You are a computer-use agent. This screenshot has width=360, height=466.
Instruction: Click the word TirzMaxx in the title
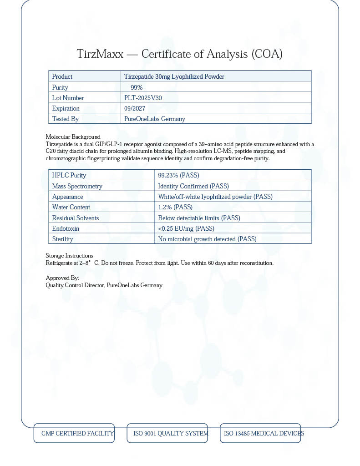click(x=100, y=54)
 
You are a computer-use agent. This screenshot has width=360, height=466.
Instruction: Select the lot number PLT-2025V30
click(x=143, y=98)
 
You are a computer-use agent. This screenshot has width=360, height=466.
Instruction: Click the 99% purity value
click(x=137, y=87)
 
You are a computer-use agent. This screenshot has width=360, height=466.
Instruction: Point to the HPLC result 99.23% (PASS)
click(x=178, y=175)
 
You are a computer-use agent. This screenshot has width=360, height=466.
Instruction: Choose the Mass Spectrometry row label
click(x=77, y=186)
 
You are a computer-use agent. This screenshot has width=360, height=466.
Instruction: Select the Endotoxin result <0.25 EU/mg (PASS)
click(x=186, y=228)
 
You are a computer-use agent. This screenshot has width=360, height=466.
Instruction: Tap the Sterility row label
click(x=62, y=239)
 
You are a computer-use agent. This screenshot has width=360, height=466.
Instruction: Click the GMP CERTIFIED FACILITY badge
click(x=74, y=433)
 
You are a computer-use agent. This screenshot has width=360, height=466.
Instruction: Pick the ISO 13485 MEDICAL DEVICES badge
click(x=260, y=433)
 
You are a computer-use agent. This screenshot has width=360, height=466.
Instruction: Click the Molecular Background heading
click(x=73, y=137)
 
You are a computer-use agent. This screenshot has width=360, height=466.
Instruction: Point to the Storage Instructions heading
click(x=69, y=256)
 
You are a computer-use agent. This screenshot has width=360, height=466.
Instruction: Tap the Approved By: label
click(x=62, y=278)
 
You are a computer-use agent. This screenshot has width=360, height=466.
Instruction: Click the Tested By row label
click(x=65, y=119)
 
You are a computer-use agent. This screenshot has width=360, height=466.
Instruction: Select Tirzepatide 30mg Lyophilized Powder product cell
click(x=174, y=76)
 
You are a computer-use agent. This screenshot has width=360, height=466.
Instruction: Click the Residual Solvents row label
click(x=75, y=218)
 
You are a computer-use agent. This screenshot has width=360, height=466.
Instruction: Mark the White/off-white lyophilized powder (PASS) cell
click(x=215, y=197)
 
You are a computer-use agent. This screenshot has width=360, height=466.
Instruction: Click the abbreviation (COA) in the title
click(x=267, y=54)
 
